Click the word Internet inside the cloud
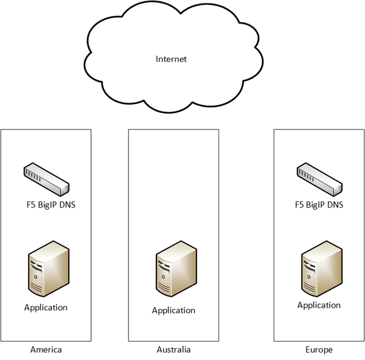pos(171,59)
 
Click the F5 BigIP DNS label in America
pos(47,204)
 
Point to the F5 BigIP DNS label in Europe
pos(319,204)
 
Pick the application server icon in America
pos(46,271)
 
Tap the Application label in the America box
pos(46,307)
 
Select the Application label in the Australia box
pos(173,310)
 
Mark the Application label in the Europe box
pos(319,305)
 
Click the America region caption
pos(46,350)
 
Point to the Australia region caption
pos(173,350)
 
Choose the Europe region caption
pos(319,350)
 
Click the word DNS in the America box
pos(66,204)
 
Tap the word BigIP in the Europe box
pos(317,205)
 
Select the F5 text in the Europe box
pos(299,204)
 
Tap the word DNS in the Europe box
pos(334,204)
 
